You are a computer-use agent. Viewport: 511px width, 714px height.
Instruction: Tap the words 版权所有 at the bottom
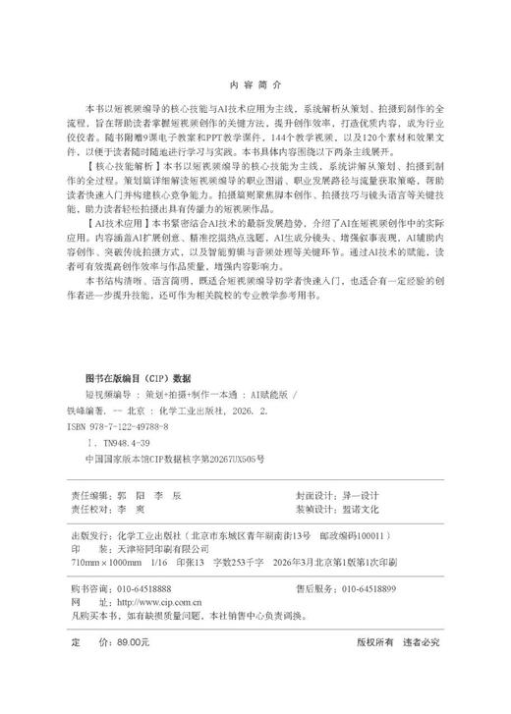pos(376,639)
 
